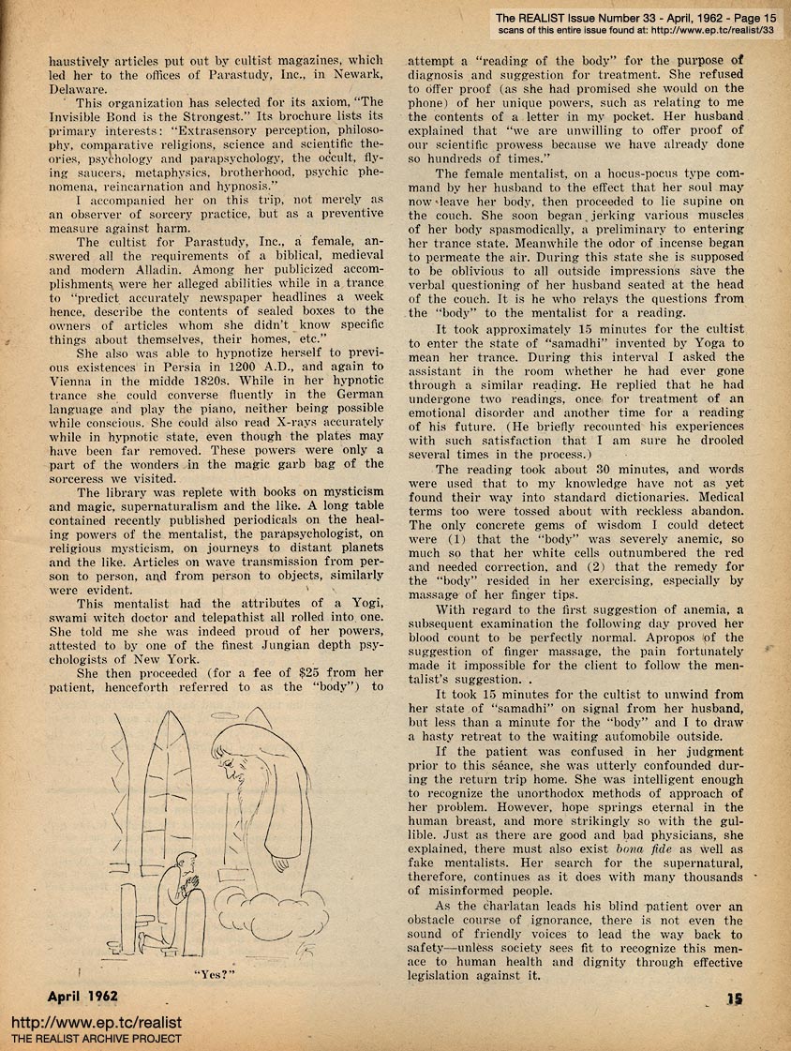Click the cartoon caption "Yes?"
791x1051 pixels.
point(213,972)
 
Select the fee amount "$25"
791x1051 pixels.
point(296,672)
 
